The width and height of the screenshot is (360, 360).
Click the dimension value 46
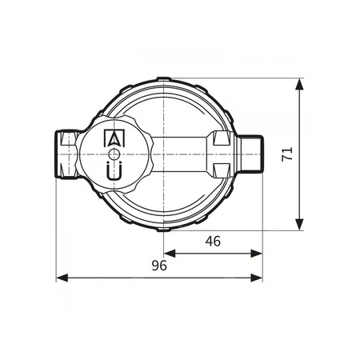[x=212, y=241]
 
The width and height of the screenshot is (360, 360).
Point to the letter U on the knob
[x=115, y=170]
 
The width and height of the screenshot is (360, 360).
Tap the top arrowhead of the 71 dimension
[x=300, y=84]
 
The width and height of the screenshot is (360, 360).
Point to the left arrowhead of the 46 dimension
[x=169, y=253]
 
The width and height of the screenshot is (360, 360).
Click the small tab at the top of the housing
[x=163, y=80]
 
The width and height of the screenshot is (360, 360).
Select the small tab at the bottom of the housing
[x=163, y=227]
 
